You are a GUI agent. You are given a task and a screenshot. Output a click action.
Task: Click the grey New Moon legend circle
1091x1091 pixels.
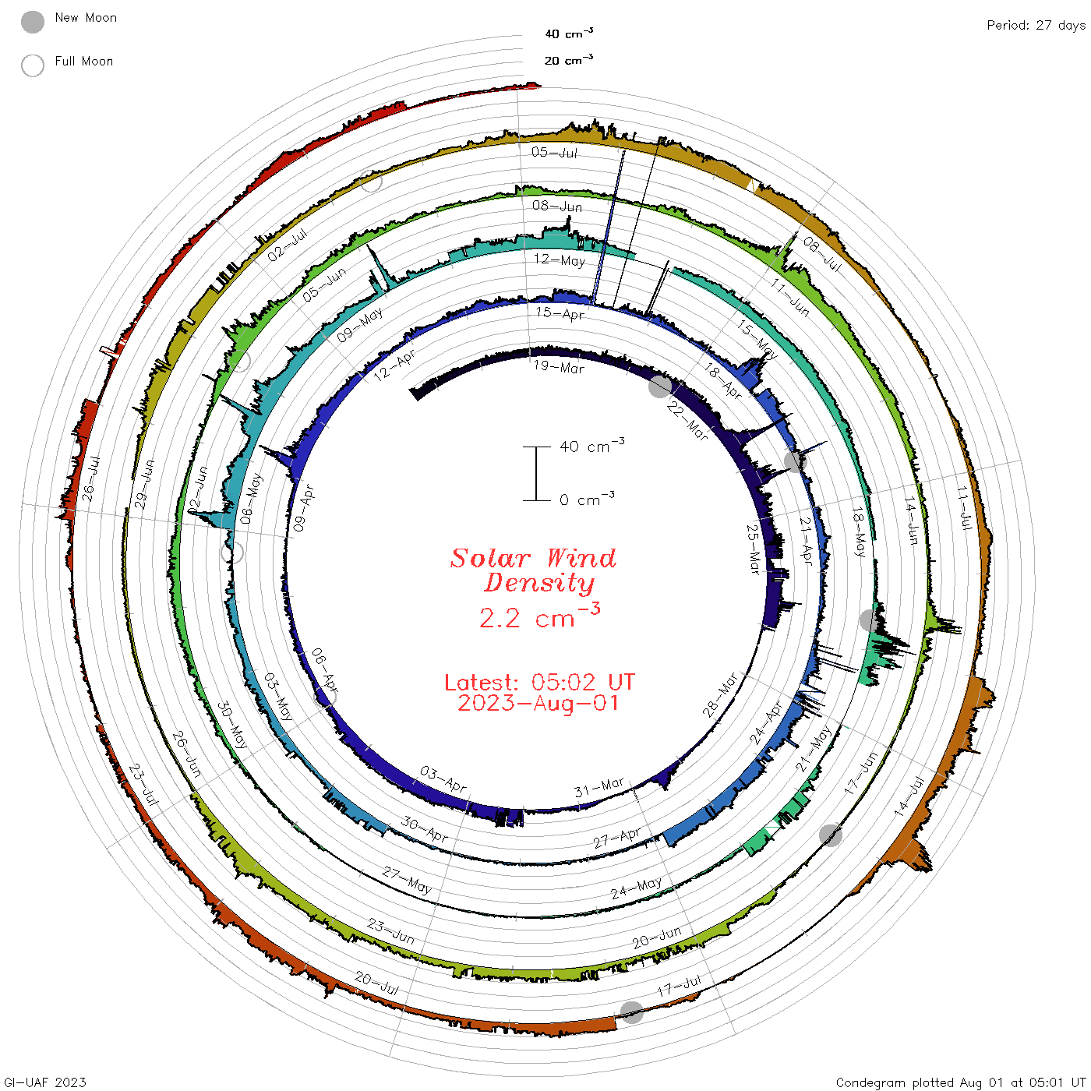click(x=33, y=22)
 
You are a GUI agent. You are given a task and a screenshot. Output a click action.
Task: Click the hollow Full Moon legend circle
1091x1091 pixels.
click(x=33, y=65)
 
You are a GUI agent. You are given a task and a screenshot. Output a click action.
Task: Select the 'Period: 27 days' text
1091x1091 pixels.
click(x=1036, y=26)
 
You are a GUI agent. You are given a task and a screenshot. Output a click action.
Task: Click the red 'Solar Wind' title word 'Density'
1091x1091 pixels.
click(x=539, y=583)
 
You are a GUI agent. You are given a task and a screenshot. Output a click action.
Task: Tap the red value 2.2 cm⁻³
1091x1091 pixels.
click(x=539, y=616)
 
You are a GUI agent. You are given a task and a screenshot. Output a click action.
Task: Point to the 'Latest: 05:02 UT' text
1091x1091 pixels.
click(x=539, y=682)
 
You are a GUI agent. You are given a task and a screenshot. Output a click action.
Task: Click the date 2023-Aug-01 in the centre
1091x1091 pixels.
click(x=538, y=703)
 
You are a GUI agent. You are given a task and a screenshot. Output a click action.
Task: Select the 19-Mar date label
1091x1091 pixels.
click(x=559, y=367)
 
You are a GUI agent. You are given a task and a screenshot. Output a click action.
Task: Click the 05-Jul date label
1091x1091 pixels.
click(x=554, y=152)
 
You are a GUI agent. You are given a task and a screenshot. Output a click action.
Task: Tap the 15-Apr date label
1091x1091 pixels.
click(x=560, y=313)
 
